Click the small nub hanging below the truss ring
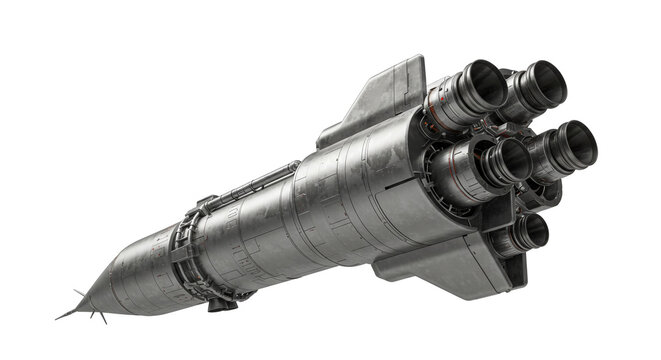215,304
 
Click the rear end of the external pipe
296,162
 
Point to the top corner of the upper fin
421,57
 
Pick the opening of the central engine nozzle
513,159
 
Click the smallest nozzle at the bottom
533,233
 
